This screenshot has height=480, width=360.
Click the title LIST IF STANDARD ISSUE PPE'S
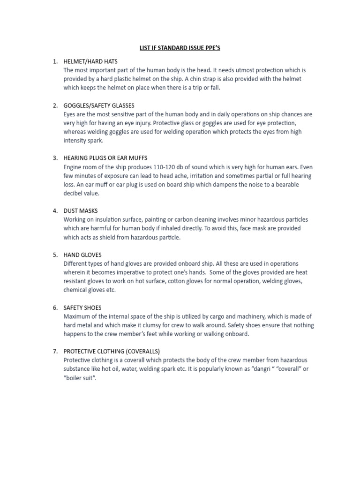[180, 48]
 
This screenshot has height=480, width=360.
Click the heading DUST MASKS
[81, 211]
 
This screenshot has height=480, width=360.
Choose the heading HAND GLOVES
[82, 255]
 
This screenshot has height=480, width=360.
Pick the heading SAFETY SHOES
[82, 308]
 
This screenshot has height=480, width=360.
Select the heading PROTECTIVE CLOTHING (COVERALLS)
[112, 352]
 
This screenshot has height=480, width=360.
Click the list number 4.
[55, 211]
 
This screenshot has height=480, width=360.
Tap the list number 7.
[55, 352]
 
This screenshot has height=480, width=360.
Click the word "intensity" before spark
[75, 141]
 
